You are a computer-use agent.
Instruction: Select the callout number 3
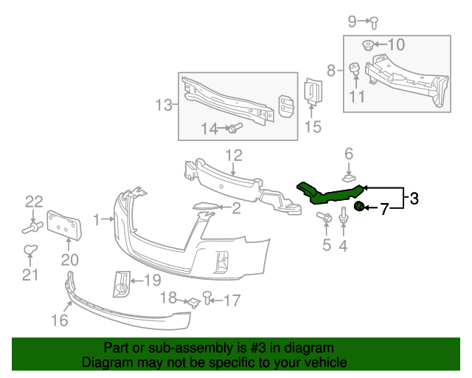click(x=414, y=198)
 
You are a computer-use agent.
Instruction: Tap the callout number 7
click(x=383, y=209)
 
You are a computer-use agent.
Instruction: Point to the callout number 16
click(x=59, y=320)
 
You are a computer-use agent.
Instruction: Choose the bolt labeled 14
click(x=233, y=129)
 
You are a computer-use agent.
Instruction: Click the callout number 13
click(x=163, y=106)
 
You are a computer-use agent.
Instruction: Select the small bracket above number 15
click(x=313, y=94)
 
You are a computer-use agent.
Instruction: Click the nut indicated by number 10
click(x=367, y=46)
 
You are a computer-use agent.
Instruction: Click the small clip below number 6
click(x=350, y=177)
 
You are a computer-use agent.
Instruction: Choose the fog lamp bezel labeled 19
click(x=120, y=283)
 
